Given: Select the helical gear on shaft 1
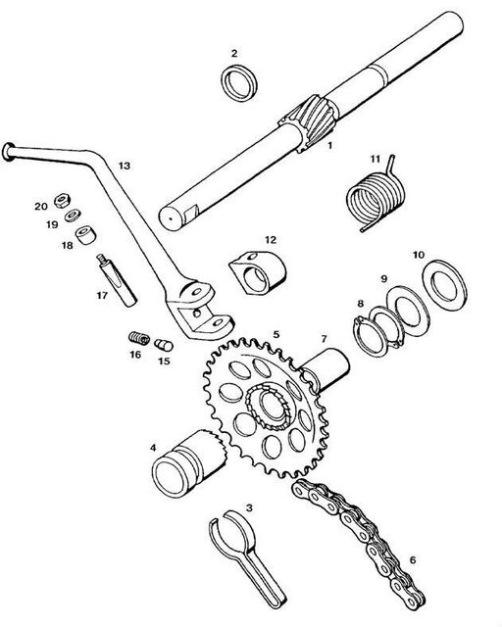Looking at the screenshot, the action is click(312, 121).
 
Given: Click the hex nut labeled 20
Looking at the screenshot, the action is click(61, 199).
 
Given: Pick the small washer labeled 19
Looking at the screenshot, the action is click(73, 216).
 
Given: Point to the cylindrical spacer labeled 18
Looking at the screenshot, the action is click(85, 234).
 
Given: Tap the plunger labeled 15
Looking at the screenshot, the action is click(164, 345).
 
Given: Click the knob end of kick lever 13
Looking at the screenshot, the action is click(9, 152).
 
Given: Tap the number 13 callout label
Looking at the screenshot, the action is click(125, 166).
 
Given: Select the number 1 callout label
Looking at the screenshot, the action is click(329, 146).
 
